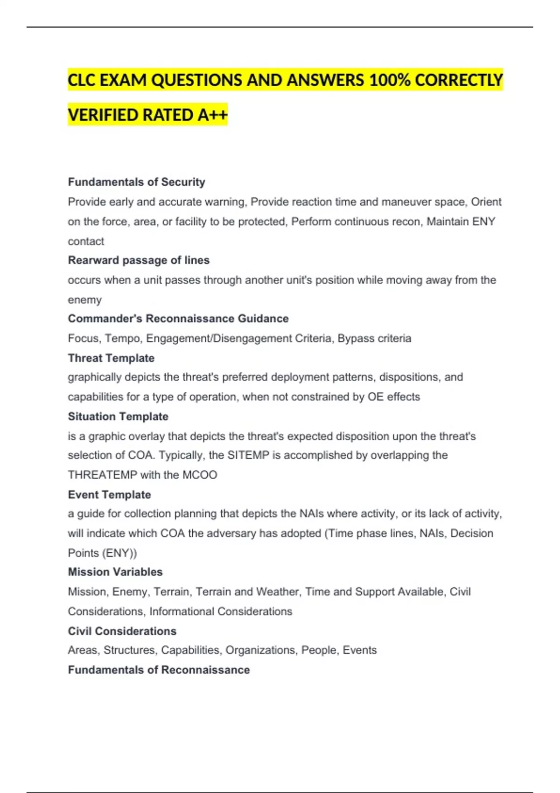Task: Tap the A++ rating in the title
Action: [212, 115]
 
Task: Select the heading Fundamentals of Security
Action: [136, 182]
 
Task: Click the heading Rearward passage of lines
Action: [139, 260]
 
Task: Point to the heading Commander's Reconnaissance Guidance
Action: [178, 319]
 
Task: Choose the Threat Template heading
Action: [111, 358]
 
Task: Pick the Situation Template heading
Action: [118, 417]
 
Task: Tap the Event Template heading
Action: [109, 494]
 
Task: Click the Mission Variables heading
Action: [115, 572]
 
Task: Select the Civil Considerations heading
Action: [122, 631]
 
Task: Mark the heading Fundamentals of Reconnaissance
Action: [159, 670]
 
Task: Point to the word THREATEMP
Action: [102, 475]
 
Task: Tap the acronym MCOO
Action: [200, 475]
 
